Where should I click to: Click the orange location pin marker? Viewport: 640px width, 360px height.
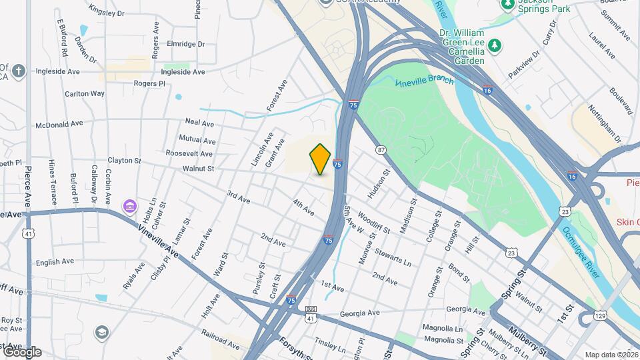click(320, 159)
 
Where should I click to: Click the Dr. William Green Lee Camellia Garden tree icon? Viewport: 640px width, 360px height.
click(495, 45)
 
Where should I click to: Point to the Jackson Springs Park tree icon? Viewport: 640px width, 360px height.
click(508, 5)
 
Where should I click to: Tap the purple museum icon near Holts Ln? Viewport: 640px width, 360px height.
click(129, 207)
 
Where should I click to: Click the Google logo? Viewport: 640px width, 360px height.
click(22, 351)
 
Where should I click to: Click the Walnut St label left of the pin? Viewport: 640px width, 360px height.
click(201, 169)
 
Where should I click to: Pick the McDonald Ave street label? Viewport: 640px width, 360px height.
click(59, 123)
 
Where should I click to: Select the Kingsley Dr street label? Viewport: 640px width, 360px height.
click(106, 12)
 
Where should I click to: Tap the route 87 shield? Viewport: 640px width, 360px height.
click(381, 150)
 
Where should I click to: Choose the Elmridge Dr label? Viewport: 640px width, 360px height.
click(187, 45)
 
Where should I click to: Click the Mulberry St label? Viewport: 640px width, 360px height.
click(527, 331)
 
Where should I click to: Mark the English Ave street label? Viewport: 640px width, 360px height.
click(55, 262)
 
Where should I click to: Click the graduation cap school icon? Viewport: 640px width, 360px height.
click(101, 332)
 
